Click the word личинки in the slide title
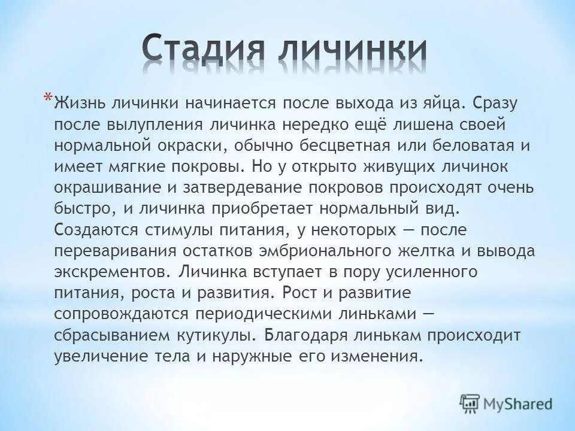pos(353,49)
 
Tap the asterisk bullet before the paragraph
pos(47,96)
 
